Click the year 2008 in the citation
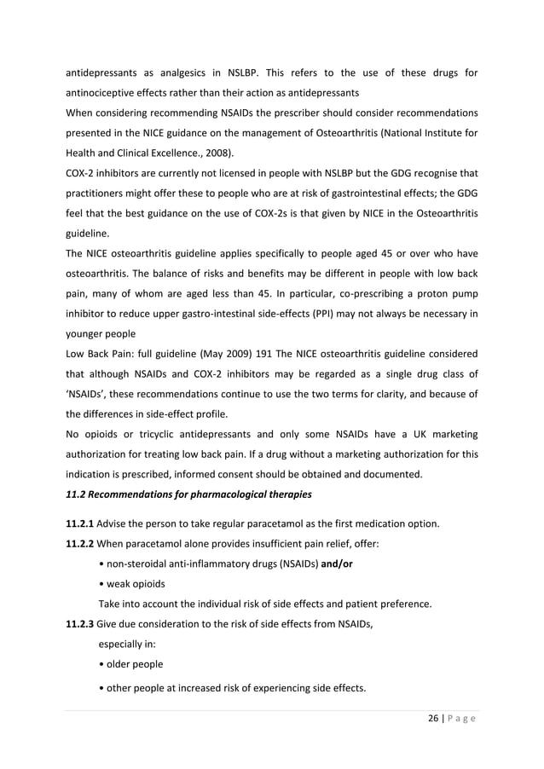tap(204, 153)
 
